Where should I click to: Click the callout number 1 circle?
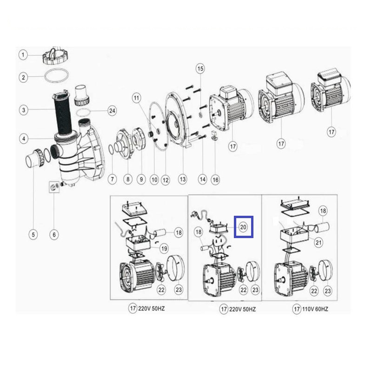(x=23, y=55)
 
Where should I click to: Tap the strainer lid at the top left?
(x=56, y=55)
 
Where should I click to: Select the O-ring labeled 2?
(x=57, y=76)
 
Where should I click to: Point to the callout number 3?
(x=24, y=110)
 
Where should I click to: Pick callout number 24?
(x=112, y=111)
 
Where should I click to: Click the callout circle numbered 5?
(x=33, y=235)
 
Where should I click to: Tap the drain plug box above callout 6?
(x=54, y=187)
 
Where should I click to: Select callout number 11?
(x=136, y=98)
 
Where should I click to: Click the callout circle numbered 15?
(x=200, y=68)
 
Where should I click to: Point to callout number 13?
(x=182, y=179)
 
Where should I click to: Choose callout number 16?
(x=215, y=180)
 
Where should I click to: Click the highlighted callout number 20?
(x=243, y=227)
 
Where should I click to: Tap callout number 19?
(x=164, y=249)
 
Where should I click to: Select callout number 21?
(x=319, y=242)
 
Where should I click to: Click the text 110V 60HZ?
(x=315, y=309)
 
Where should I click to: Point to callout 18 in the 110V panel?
(x=323, y=211)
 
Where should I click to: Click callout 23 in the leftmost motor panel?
(x=179, y=290)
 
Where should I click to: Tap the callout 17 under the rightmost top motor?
(x=331, y=132)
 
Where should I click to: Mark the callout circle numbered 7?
(x=112, y=179)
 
